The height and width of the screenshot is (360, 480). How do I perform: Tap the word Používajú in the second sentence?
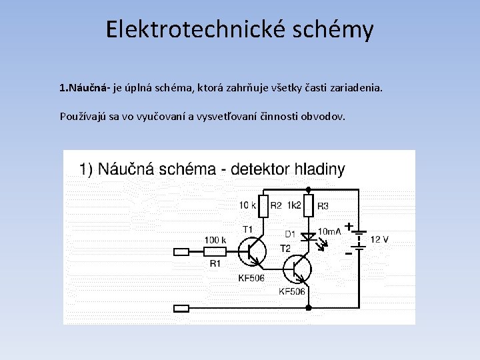pos(82,116)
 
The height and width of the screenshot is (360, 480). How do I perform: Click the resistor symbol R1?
pos(215,251)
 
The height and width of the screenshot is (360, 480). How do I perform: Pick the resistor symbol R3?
pos(308,207)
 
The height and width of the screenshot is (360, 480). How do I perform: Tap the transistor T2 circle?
pos(297,269)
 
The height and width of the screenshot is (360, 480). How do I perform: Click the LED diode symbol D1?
pos(309,237)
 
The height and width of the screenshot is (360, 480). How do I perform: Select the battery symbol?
pos(359,241)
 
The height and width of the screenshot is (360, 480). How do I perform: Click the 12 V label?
pos(379,239)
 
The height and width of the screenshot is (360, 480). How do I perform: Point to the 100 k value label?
pos(215,240)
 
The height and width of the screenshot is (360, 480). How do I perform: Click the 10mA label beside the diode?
pos(330,231)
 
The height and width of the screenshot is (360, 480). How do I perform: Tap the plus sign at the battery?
pos(348,227)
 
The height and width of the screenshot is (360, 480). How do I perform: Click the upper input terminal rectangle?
pos(181,252)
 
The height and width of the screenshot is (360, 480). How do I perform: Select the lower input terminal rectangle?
pos(181,308)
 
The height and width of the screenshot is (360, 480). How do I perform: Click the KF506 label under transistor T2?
pos(292,291)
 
